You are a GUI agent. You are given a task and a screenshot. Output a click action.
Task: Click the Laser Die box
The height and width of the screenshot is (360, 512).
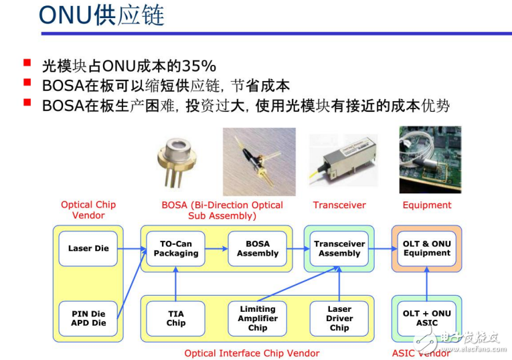tap(88, 249)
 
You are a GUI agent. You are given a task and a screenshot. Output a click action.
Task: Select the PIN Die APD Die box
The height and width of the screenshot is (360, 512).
tap(88, 319)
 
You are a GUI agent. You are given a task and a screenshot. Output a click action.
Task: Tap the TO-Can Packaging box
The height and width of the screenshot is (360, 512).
tap(175, 249)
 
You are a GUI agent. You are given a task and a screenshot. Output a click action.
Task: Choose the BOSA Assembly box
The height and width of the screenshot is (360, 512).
tap(258, 249)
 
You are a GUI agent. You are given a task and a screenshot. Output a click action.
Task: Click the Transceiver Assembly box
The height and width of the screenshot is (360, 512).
tap(339, 249)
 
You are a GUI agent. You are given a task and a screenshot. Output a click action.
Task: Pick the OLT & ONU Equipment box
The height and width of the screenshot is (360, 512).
tap(427, 249)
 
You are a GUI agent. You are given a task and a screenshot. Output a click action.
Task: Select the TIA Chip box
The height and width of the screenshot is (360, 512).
tap(175, 319)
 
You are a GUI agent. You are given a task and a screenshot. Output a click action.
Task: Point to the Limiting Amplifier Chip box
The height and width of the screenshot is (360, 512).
tap(258, 319)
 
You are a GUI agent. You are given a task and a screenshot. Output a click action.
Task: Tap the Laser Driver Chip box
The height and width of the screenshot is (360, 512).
tap(339, 319)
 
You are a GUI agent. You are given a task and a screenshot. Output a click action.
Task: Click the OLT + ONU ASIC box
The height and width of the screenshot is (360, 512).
tap(427, 319)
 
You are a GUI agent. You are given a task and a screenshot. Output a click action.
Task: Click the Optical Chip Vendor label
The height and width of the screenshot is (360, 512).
tap(88, 210)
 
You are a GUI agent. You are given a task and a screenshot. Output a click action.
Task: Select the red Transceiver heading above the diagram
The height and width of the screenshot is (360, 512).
tap(339, 205)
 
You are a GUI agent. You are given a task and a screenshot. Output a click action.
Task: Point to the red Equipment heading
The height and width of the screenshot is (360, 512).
tap(427, 205)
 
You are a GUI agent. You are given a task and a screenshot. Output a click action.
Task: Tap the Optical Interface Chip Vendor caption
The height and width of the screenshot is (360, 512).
tap(252, 353)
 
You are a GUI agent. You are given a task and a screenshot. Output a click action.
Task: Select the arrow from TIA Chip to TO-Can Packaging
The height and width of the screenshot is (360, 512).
tap(175, 284)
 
